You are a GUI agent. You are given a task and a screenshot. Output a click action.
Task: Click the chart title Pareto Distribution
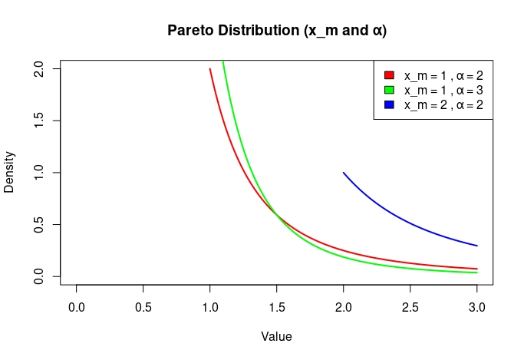[276, 31]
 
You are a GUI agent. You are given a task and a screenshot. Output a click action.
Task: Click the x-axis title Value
[276, 336]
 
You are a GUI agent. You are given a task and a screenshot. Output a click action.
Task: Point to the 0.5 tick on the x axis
[143, 307]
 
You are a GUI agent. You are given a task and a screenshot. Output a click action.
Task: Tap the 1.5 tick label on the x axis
[277, 307]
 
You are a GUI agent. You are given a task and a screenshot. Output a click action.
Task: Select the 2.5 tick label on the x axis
[410, 307]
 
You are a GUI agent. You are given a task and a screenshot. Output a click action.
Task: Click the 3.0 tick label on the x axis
[476, 307]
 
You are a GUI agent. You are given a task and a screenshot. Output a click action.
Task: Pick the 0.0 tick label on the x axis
[77, 307]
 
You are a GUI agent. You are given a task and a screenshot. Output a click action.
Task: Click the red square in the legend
[388, 75]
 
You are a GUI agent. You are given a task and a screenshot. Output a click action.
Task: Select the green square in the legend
[388, 90]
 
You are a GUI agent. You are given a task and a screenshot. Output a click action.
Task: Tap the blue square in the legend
[388, 104]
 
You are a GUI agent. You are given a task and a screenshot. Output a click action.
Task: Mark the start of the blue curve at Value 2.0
[344, 173]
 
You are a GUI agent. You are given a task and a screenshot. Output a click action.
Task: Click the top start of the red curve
[210, 69]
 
